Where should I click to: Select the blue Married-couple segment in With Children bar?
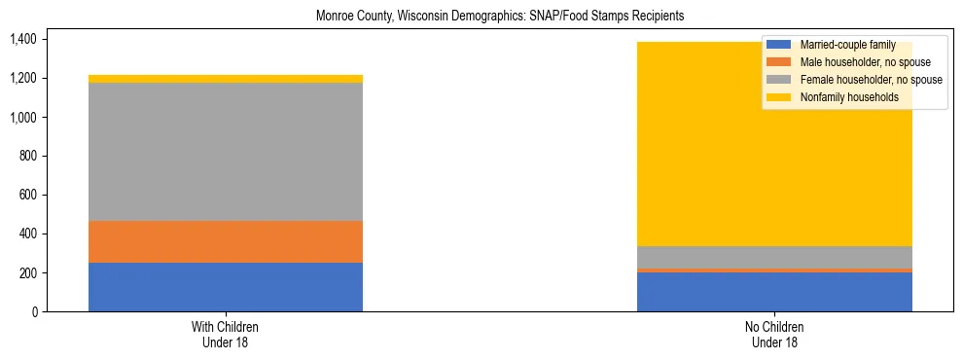[226, 287]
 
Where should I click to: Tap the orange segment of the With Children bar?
[226, 241]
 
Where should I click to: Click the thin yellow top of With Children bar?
[226, 79]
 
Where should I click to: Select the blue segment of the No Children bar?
[774, 292]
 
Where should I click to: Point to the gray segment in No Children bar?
[774, 257]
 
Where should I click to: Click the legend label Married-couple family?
[845, 45]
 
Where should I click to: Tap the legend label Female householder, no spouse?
[870, 80]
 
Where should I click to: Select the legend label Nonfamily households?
[843, 97]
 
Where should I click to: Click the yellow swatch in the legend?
[779, 97]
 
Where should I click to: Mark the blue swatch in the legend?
[779, 45]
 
